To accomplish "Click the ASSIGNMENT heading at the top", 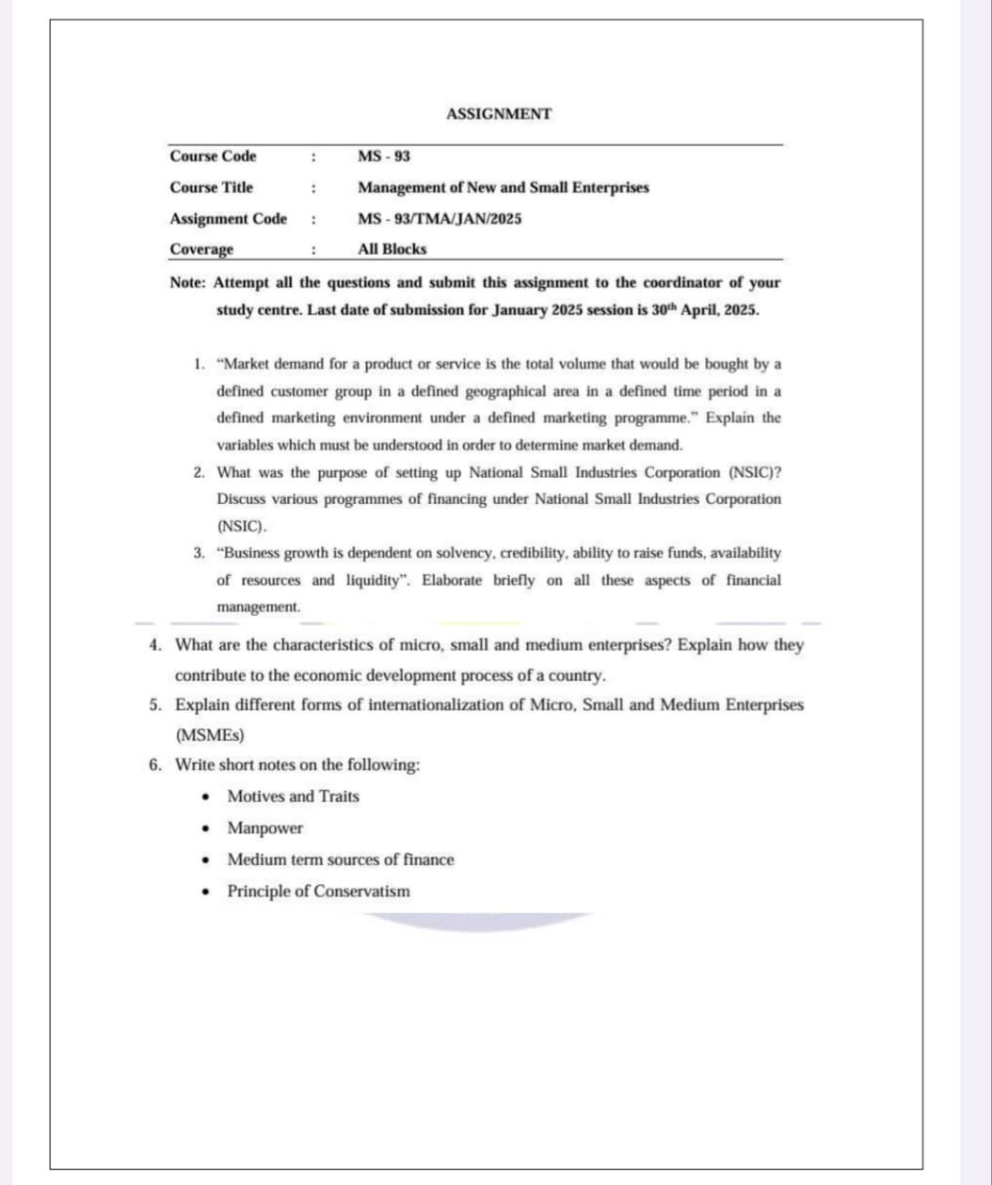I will [x=499, y=114].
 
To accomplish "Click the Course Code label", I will [x=213, y=156].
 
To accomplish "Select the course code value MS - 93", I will [x=384, y=156].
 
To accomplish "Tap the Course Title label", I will [x=211, y=187].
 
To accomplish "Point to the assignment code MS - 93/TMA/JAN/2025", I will [x=440, y=219].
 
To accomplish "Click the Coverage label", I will [x=201, y=249].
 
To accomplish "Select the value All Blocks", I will [x=392, y=249].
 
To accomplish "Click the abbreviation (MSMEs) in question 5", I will [x=210, y=734].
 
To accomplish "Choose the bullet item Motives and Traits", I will [x=293, y=797].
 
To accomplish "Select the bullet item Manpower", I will [x=264, y=829].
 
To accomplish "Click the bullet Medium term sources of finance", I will [x=340, y=860].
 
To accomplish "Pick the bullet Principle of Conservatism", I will [x=318, y=892].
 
